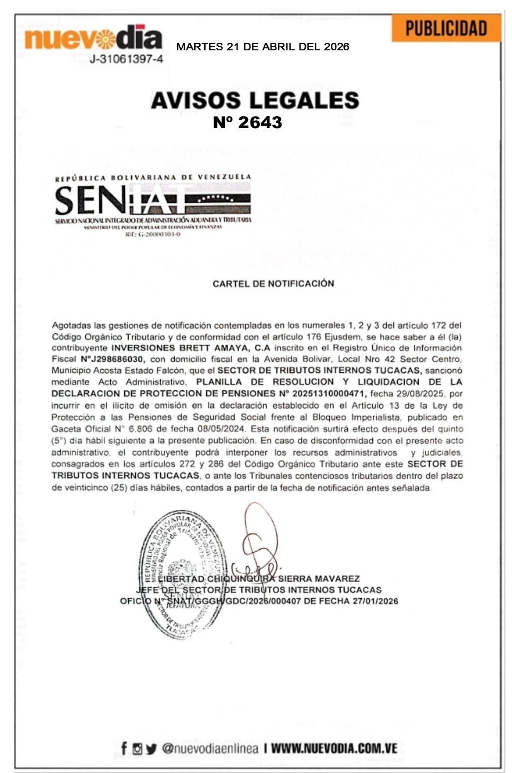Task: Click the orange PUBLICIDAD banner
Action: tap(446, 28)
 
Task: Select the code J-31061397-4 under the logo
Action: tap(126, 59)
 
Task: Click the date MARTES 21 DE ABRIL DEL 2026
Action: tap(262, 47)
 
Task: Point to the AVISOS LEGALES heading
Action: tap(255, 100)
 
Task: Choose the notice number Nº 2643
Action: tap(248, 122)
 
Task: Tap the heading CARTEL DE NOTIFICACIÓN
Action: tap(273, 284)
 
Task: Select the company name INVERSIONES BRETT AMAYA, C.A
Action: tap(191, 348)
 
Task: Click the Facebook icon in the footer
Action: tap(124, 748)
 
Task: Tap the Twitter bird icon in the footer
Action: tap(151, 749)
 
